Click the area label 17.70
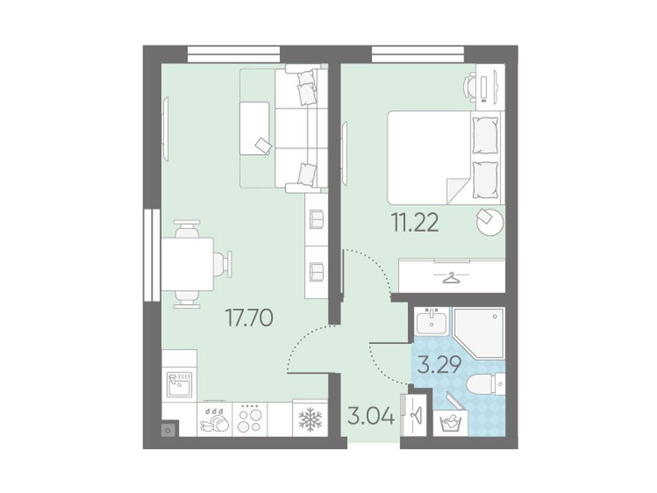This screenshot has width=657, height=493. click(250, 317)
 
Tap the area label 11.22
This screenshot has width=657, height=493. click(415, 222)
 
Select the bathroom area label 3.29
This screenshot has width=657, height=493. click(440, 365)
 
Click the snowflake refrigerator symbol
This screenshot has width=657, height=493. click(310, 420)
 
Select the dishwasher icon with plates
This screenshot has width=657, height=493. click(214, 420)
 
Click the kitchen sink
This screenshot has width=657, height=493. click(180, 385)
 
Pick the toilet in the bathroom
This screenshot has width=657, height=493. click(486, 384)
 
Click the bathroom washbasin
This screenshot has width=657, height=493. click(431, 322)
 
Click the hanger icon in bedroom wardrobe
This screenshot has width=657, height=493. click(451, 277)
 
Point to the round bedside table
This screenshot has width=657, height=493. click(490, 222)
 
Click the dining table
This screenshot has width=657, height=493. click(187, 264)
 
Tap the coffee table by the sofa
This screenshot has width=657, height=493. click(254, 128)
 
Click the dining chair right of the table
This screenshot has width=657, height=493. click(223, 264)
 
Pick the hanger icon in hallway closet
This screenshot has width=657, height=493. click(415, 415)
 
